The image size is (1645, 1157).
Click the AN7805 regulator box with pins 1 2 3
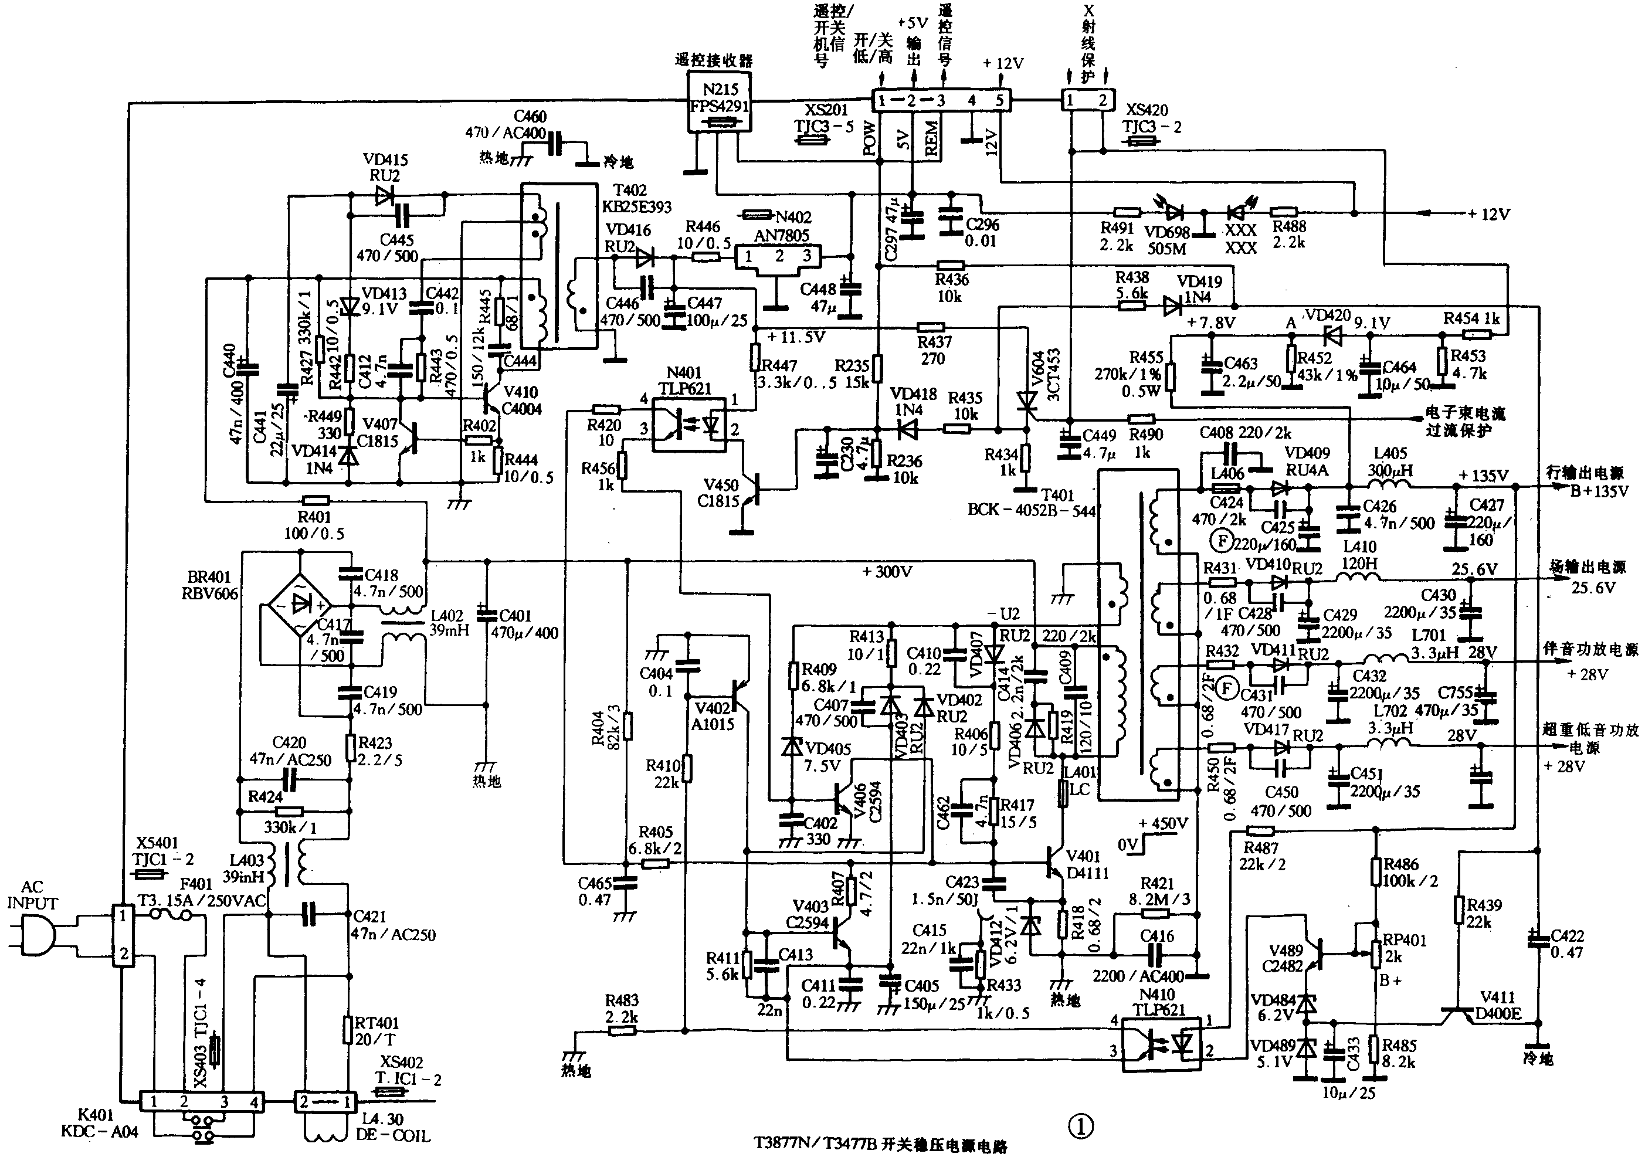(778, 256)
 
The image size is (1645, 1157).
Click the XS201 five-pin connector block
(940, 100)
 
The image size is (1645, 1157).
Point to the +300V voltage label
(887, 572)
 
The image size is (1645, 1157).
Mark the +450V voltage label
(1163, 824)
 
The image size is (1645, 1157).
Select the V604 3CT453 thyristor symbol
(1027, 405)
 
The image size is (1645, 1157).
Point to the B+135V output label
(1599, 491)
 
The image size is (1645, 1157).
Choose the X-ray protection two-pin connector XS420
(1086, 100)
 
